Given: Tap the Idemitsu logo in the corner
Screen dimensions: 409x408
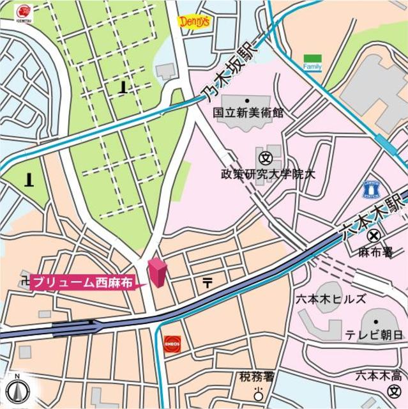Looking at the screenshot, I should coord(23,13).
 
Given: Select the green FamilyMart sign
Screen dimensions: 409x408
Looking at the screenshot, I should coord(312,62).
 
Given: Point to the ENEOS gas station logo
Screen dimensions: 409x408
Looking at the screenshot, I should coord(172,343).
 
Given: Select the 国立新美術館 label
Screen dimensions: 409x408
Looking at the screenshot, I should coord(248,112).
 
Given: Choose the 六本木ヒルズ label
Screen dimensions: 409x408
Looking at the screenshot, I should coord(330,299).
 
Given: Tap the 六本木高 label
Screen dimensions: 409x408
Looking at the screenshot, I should coord(379,374).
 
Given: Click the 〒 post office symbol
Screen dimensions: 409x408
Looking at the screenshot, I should coord(208,282).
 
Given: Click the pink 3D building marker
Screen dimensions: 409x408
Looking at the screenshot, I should coord(156,273).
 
